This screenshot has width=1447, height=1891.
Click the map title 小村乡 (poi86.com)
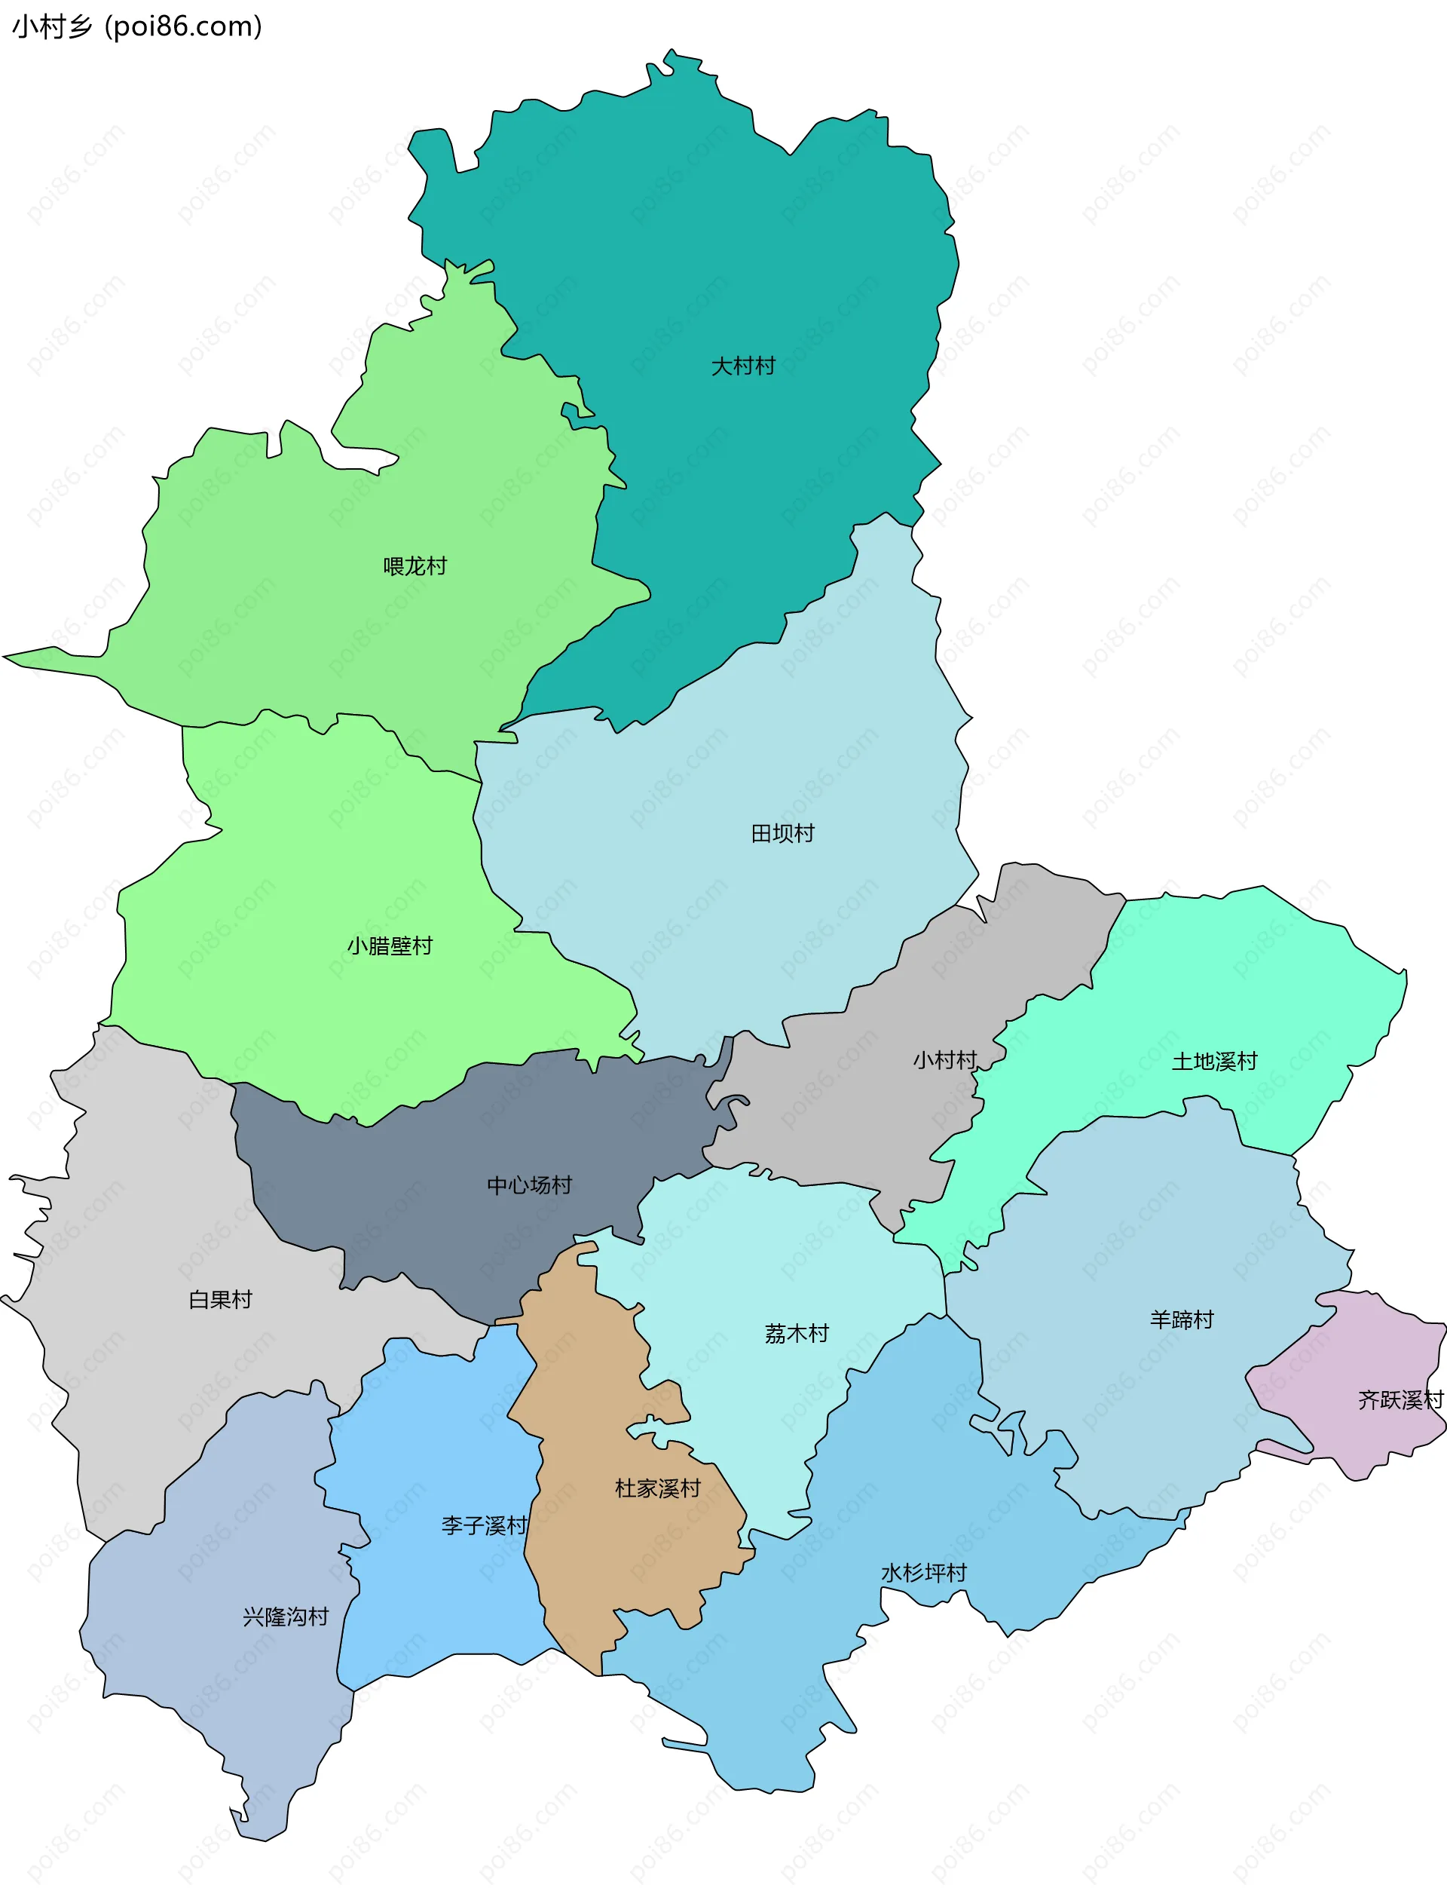pyautogui.click(x=137, y=26)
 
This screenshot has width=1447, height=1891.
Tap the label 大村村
pyautogui.click(x=742, y=366)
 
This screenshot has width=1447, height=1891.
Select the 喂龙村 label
pyautogui.click(x=415, y=566)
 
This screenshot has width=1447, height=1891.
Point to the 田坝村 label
pyautogui.click(x=782, y=833)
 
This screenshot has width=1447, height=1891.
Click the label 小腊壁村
pyautogui.click(x=390, y=946)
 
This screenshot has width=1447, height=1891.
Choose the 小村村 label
pyautogui.click(x=945, y=1059)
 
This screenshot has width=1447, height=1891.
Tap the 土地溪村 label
pyautogui.click(x=1213, y=1062)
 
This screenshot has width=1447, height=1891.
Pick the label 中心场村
pyautogui.click(x=529, y=1185)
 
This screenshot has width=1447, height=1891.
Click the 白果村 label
pyautogui.click(x=221, y=1299)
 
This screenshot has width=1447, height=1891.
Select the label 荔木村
pyautogui.click(x=797, y=1334)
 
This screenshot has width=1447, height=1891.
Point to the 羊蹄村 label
pyautogui.click(x=1181, y=1319)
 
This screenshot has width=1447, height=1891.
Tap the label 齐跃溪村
pyautogui.click(x=1400, y=1400)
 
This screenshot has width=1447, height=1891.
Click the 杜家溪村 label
pyautogui.click(x=657, y=1488)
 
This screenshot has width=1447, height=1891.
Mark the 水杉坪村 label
pyautogui.click(x=923, y=1573)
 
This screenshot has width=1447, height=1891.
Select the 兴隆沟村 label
pyautogui.click(x=285, y=1617)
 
